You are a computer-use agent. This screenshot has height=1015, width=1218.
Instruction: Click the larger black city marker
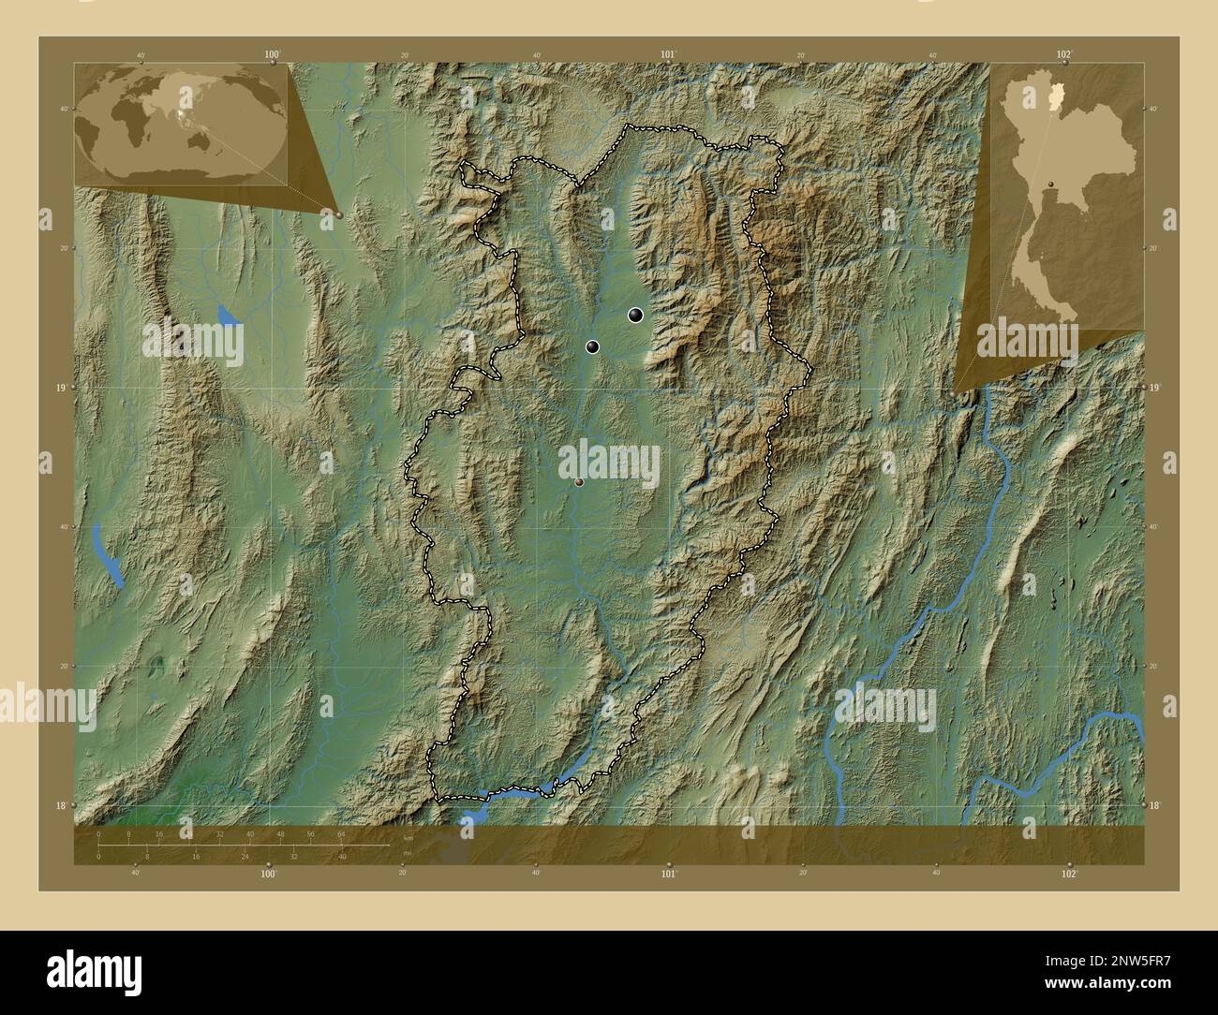click(636, 316)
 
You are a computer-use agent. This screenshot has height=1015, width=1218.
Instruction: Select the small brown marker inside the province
click(579, 482)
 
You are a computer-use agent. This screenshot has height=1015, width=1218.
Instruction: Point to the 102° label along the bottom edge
click(1069, 874)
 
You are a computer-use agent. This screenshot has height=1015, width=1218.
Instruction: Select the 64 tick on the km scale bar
click(341, 833)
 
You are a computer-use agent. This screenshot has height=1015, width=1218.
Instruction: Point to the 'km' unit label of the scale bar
click(408, 838)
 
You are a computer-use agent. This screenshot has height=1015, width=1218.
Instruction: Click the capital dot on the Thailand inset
click(1052, 183)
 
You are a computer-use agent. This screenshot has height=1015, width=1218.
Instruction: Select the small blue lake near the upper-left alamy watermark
click(228, 315)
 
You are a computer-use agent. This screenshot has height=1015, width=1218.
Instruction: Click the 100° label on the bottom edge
click(269, 874)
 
